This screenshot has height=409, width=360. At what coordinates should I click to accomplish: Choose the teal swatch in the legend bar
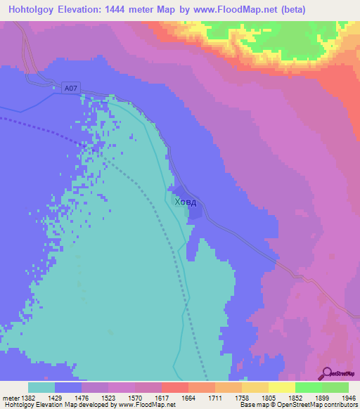(41, 387)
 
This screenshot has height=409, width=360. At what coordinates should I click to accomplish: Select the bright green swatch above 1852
(308, 387)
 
